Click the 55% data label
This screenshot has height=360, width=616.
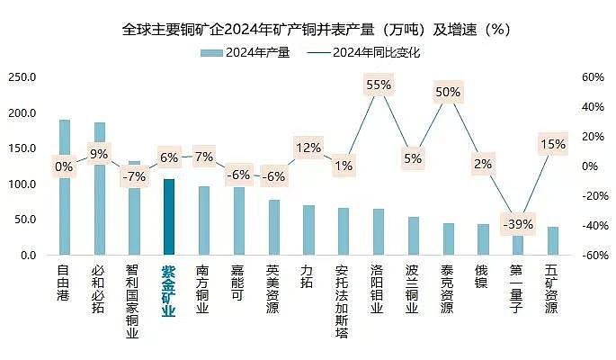(379, 85)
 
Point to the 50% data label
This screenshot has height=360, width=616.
(448, 92)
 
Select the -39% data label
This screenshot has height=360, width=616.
(518, 224)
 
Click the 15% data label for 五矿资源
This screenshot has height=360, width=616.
(552, 144)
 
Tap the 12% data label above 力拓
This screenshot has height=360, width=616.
(308, 148)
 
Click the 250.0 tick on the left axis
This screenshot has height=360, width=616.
(22, 77)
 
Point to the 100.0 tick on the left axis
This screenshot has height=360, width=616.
(22, 184)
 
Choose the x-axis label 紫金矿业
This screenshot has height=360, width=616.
(169, 291)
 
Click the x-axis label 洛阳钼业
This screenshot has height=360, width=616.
(378, 289)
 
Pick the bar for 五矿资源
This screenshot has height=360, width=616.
(552, 241)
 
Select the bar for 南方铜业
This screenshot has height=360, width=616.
(204, 221)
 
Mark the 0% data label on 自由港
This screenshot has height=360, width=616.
(64, 166)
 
